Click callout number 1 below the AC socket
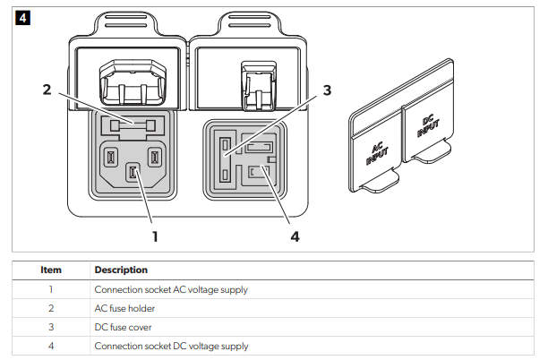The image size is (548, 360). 155,236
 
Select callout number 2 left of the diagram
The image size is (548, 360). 47,89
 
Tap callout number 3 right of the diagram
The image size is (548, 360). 328,90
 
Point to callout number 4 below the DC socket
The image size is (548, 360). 296,237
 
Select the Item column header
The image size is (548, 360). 51,270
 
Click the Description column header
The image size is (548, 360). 121,270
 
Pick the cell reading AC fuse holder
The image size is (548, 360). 124,308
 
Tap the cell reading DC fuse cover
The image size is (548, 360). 124,327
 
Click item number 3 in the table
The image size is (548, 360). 51,327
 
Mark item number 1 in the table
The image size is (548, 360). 51,289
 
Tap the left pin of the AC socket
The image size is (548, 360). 111,159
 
